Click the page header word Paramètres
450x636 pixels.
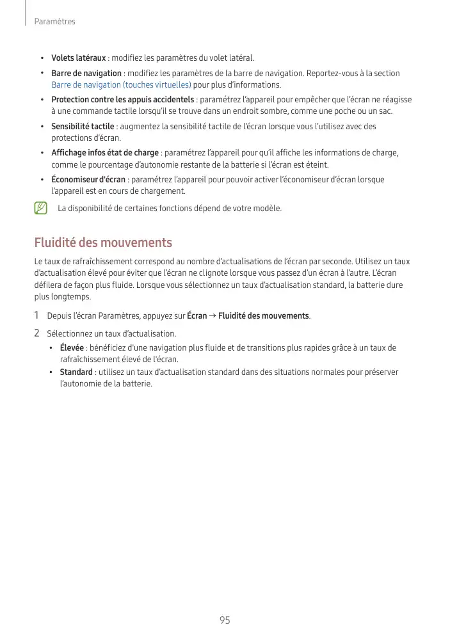[54, 22]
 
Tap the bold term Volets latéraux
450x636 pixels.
[78, 58]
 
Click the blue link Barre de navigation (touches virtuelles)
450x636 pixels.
[121, 85]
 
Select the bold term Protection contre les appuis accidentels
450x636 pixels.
[122, 100]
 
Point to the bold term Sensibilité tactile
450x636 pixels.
[83, 127]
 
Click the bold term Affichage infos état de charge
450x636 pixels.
[105, 153]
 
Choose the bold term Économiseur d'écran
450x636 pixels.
[88, 180]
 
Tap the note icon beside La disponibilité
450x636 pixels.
[42, 208]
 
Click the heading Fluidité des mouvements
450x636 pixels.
[103, 243]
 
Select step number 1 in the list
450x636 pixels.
[36, 315]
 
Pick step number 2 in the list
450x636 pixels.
[36, 333]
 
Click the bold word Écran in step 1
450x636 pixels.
[197, 316]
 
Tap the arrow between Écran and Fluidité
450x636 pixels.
[213, 316]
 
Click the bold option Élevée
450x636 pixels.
[72, 348]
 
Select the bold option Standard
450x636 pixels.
[76, 372]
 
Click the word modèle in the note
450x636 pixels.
[268, 209]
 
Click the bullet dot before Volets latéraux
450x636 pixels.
[42, 58]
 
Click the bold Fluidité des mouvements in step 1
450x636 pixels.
[264, 316]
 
